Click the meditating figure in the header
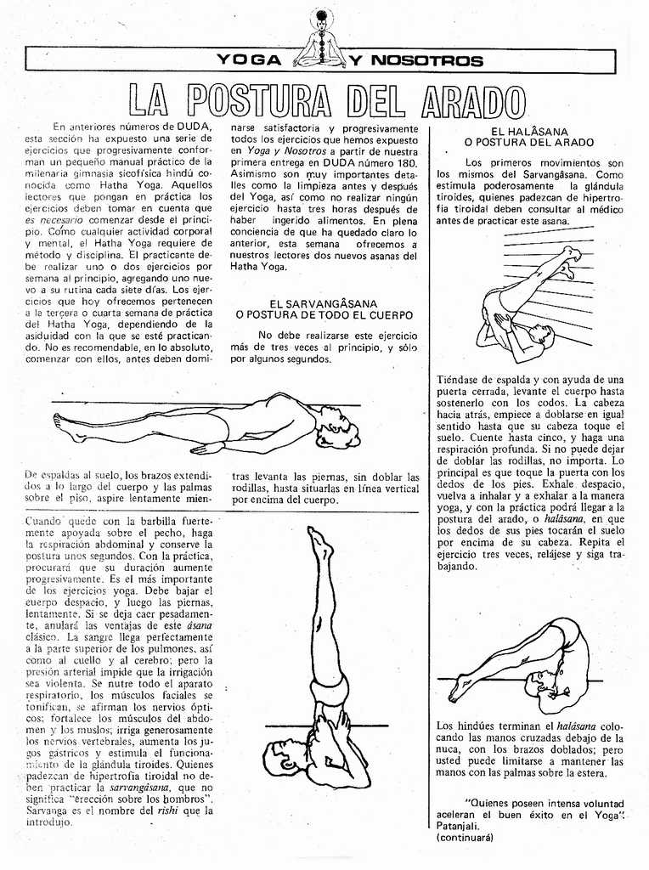tap(320, 41)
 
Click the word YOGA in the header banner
tap(248, 60)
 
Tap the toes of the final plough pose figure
tap(455, 694)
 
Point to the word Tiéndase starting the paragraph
tap(461, 379)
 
